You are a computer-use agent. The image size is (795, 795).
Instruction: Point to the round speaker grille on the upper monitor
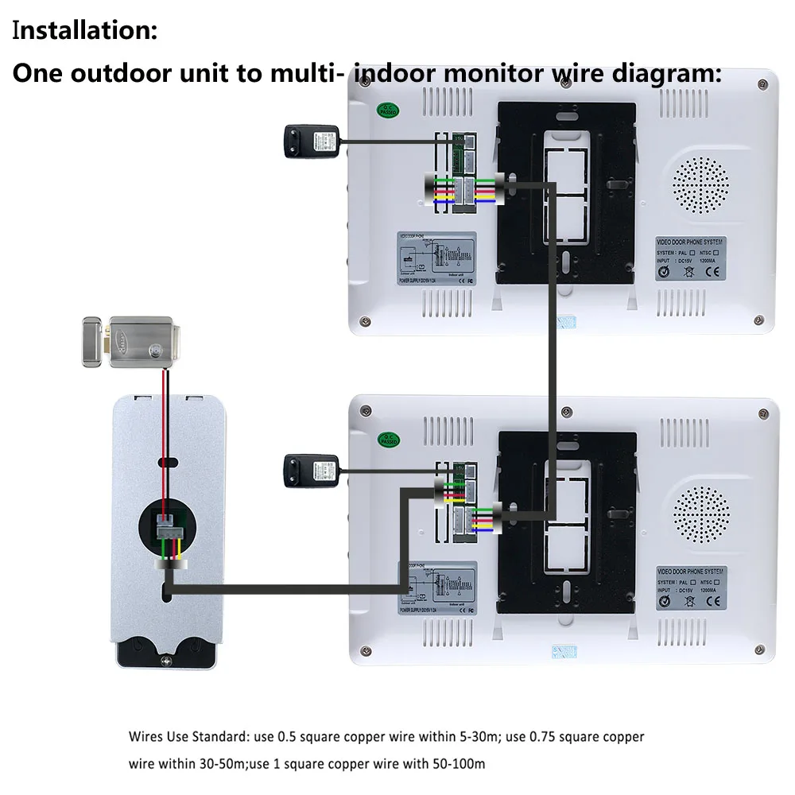point(700,185)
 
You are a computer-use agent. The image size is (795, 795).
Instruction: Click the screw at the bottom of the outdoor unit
point(165,659)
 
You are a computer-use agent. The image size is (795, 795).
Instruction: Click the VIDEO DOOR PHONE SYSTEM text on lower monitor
point(690,572)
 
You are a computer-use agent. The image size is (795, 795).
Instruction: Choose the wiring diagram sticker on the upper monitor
point(436,259)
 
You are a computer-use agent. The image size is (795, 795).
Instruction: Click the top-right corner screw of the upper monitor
point(762,83)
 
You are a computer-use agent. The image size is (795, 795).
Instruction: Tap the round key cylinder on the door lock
point(155,347)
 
